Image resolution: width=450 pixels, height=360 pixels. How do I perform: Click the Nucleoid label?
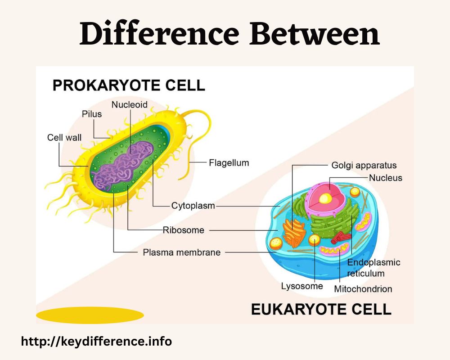click(130, 105)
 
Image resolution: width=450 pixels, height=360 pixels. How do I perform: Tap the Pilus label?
click(92, 114)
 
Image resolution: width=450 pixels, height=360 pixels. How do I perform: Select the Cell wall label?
click(64, 138)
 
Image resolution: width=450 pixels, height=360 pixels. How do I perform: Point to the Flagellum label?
click(229, 163)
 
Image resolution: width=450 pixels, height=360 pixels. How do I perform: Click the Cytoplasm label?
click(193, 206)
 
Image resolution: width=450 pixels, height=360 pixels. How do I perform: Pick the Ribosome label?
click(184, 230)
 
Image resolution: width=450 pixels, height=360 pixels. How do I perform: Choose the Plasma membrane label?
click(182, 252)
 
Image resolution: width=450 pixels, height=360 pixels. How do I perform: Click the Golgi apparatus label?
click(364, 165)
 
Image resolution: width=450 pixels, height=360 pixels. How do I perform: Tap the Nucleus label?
click(386, 178)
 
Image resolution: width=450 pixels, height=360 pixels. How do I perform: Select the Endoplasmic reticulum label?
click(373, 268)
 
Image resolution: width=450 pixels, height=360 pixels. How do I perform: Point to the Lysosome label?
click(302, 286)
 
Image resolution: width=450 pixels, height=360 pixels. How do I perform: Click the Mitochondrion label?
click(363, 289)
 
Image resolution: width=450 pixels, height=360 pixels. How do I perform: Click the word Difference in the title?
click(159, 34)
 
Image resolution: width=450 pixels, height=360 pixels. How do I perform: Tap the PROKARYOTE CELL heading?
click(129, 85)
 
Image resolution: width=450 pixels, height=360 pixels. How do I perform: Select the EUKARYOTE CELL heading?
click(321, 309)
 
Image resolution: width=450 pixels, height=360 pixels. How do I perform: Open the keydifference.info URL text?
click(96, 342)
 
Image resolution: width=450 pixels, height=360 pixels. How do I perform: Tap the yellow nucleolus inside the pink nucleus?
click(325, 198)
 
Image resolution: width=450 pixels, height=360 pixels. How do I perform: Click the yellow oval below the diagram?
click(90, 315)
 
